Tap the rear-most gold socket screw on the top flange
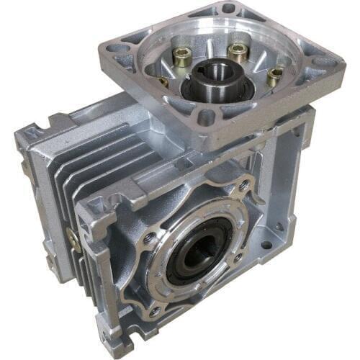click(x=237, y=51)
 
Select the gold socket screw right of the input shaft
click(x=274, y=74)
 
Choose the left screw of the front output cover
click(x=148, y=237)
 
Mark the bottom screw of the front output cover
click(x=153, y=311)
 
